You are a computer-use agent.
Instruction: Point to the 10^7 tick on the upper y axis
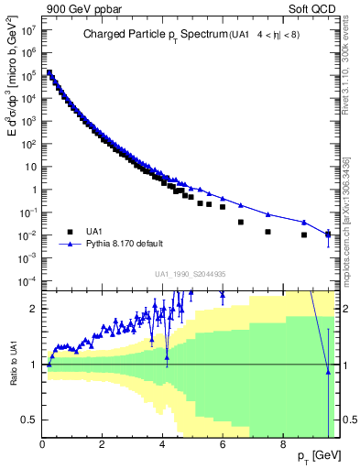pyautogui.click(x=30, y=29)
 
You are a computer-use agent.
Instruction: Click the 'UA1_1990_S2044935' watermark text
pyautogui.click(x=191, y=274)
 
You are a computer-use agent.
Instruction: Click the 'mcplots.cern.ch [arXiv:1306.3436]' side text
pyautogui.click(x=347, y=213)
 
